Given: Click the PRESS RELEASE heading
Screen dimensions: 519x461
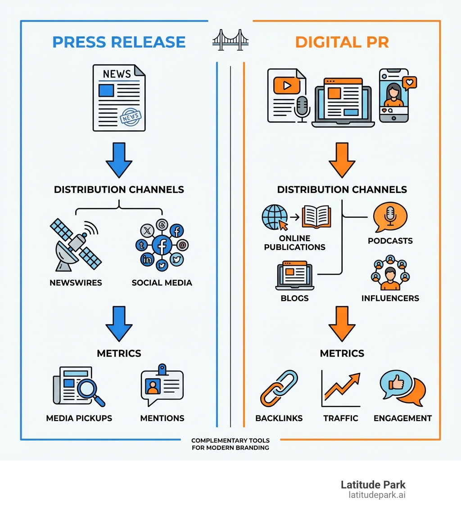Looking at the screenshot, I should point(119,42).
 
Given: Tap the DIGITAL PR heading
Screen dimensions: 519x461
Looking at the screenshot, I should point(342,42).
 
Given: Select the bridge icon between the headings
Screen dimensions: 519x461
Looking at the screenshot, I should point(230,40).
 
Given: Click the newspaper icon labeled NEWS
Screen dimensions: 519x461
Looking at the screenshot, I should point(119,98).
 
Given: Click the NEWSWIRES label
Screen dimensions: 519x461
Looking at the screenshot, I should point(76,283).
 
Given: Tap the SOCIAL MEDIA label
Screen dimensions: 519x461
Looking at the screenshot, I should point(162,283).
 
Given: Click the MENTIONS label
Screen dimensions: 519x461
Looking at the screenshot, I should point(162,418).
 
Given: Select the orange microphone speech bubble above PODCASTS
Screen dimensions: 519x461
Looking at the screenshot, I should point(390,217).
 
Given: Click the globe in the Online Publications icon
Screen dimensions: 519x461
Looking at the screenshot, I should point(275,217).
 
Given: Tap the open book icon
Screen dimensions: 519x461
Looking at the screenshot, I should point(316,217).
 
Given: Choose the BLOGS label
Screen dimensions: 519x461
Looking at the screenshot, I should point(294,298).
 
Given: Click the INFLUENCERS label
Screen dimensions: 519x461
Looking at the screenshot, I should point(390,298).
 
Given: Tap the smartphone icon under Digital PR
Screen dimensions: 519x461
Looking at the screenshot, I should point(393,95).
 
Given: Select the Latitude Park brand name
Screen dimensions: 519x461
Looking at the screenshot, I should point(373,485).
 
